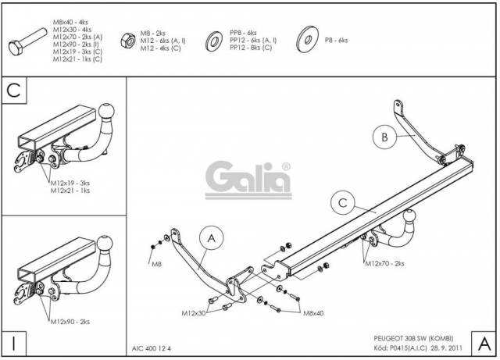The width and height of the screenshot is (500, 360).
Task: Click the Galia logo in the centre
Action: tap(248, 180)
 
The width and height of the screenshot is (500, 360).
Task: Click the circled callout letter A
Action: tap(212, 238)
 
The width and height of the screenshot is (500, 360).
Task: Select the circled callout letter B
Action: tap(384, 137)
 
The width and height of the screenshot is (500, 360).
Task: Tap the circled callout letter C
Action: tap(343, 203)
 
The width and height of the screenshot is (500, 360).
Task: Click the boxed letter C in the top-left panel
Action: tap(14, 91)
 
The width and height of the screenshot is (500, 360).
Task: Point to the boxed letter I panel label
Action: tap(14, 344)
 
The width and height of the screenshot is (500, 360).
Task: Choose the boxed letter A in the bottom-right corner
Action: tap(484, 344)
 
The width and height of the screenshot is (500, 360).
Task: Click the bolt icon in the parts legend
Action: tap(27, 42)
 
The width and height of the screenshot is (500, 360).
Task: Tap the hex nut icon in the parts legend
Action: tap(128, 41)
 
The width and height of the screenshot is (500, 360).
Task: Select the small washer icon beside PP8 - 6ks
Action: tap(213, 41)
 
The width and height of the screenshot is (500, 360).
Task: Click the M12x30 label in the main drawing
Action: tap(194, 313)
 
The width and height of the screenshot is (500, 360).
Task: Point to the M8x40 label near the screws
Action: tap(313, 313)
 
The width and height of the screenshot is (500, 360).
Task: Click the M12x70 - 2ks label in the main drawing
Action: tap(384, 264)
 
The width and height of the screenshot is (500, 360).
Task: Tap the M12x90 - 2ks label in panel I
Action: tap(70, 322)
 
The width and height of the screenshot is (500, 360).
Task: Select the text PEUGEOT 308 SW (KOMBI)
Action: tap(413, 339)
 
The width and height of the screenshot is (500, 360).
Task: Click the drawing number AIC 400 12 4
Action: tap(152, 348)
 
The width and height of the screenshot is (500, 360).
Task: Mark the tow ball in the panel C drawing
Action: tap(106, 112)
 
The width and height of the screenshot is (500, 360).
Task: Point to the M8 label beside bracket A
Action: tap(156, 265)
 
